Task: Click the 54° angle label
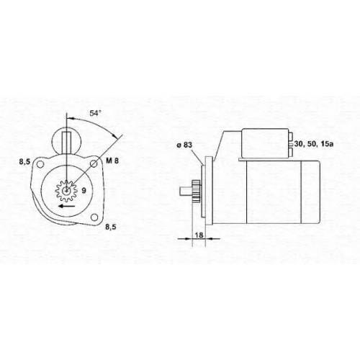pyautogui.click(x=95, y=113)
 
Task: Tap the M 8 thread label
pyautogui.click(x=112, y=161)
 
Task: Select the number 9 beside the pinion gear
pyautogui.click(x=84, y=191)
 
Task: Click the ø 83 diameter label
pyautogui.click(x=184, y=145)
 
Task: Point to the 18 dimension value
pyautogui.click(x=199, y=235)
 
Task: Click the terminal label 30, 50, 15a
pyautogui.click(x=314, y=144)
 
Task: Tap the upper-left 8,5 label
pyautogui.click(x=24, y=162)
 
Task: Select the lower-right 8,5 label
pyautogui.click(x=111, y=227)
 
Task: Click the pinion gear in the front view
pyautogui.click(x=66, y=191)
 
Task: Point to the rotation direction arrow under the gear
pyautogui.click(x=67, y=206)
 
